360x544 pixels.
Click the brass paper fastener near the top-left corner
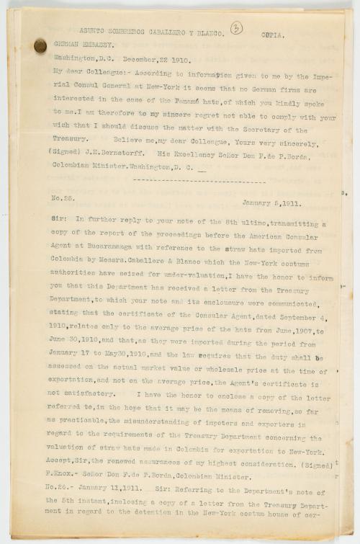[x=40, y=45]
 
